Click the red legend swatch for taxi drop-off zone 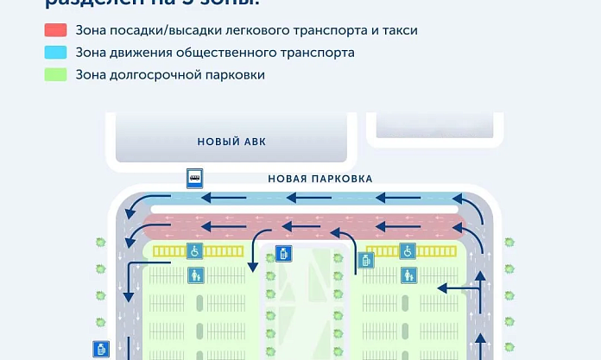[56, 30]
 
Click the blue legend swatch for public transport [56, 53]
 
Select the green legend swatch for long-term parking [56, 75]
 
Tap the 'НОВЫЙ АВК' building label [231, 142]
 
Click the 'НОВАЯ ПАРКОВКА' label [319, 180]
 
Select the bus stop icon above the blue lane [196, 179]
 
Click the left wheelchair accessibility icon [195, 251]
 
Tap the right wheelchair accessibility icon [408, 251]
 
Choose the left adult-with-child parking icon [195, 275]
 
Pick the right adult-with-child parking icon [408, 275]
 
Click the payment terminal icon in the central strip [282, 255]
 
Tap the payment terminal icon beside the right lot [366, 260]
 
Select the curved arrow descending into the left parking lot [257, 245]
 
